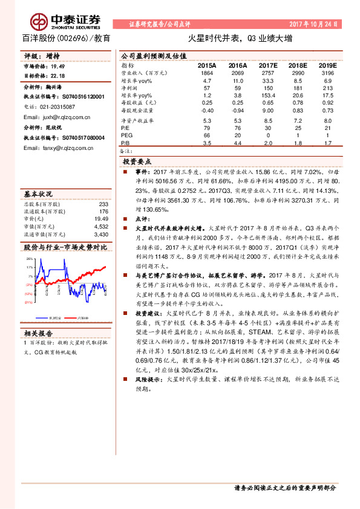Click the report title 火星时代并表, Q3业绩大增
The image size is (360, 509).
pyautogui.click(x=240, y=38)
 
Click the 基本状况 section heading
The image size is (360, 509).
pyautogui.click(x=38, y=194)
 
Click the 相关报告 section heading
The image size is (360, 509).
pyautogui.click(x=38, y=333)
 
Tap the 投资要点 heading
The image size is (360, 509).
pyautogui.click(x=141, y=162)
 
